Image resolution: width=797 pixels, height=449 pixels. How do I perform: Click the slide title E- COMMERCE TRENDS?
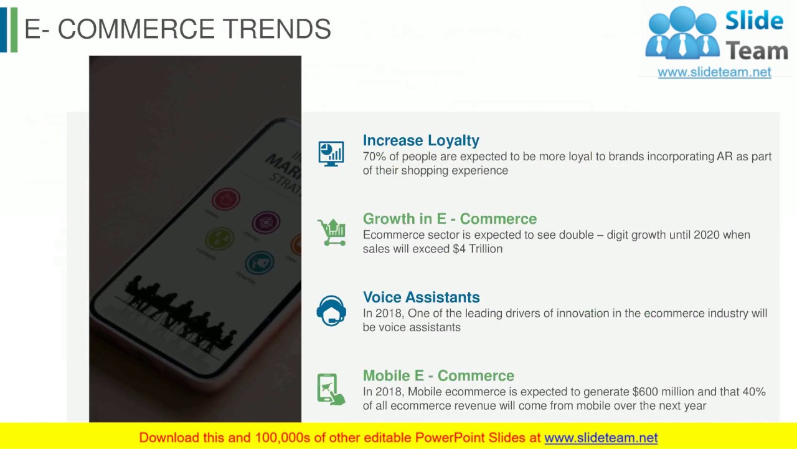pos(177,29)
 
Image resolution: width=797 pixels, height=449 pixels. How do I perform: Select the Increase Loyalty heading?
pos(421,140)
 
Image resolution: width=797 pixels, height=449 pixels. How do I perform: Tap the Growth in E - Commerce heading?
pos(450,219)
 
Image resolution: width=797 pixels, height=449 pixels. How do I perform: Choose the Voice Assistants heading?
pos(421,297)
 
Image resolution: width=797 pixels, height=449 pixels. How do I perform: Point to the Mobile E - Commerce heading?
pos(438,375)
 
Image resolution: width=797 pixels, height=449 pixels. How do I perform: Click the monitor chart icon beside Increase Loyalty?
pos(331,153)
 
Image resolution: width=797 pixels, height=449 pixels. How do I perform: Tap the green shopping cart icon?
pos(332,232)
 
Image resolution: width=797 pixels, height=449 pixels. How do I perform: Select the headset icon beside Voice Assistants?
pos(331,311)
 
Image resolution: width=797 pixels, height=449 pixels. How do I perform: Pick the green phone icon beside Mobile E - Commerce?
pos(331,389)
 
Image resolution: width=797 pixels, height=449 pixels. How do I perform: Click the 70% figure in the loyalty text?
pos(374,157)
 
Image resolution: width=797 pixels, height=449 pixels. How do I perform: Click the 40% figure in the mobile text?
pos(753,392)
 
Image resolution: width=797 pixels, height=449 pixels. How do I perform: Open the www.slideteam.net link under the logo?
pos(714,72)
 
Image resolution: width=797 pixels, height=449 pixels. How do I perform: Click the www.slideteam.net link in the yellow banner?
pos(601,438)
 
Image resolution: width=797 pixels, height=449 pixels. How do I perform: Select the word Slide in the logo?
pos(754,22)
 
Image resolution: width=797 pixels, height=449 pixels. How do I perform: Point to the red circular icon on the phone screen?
pos(225,200)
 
